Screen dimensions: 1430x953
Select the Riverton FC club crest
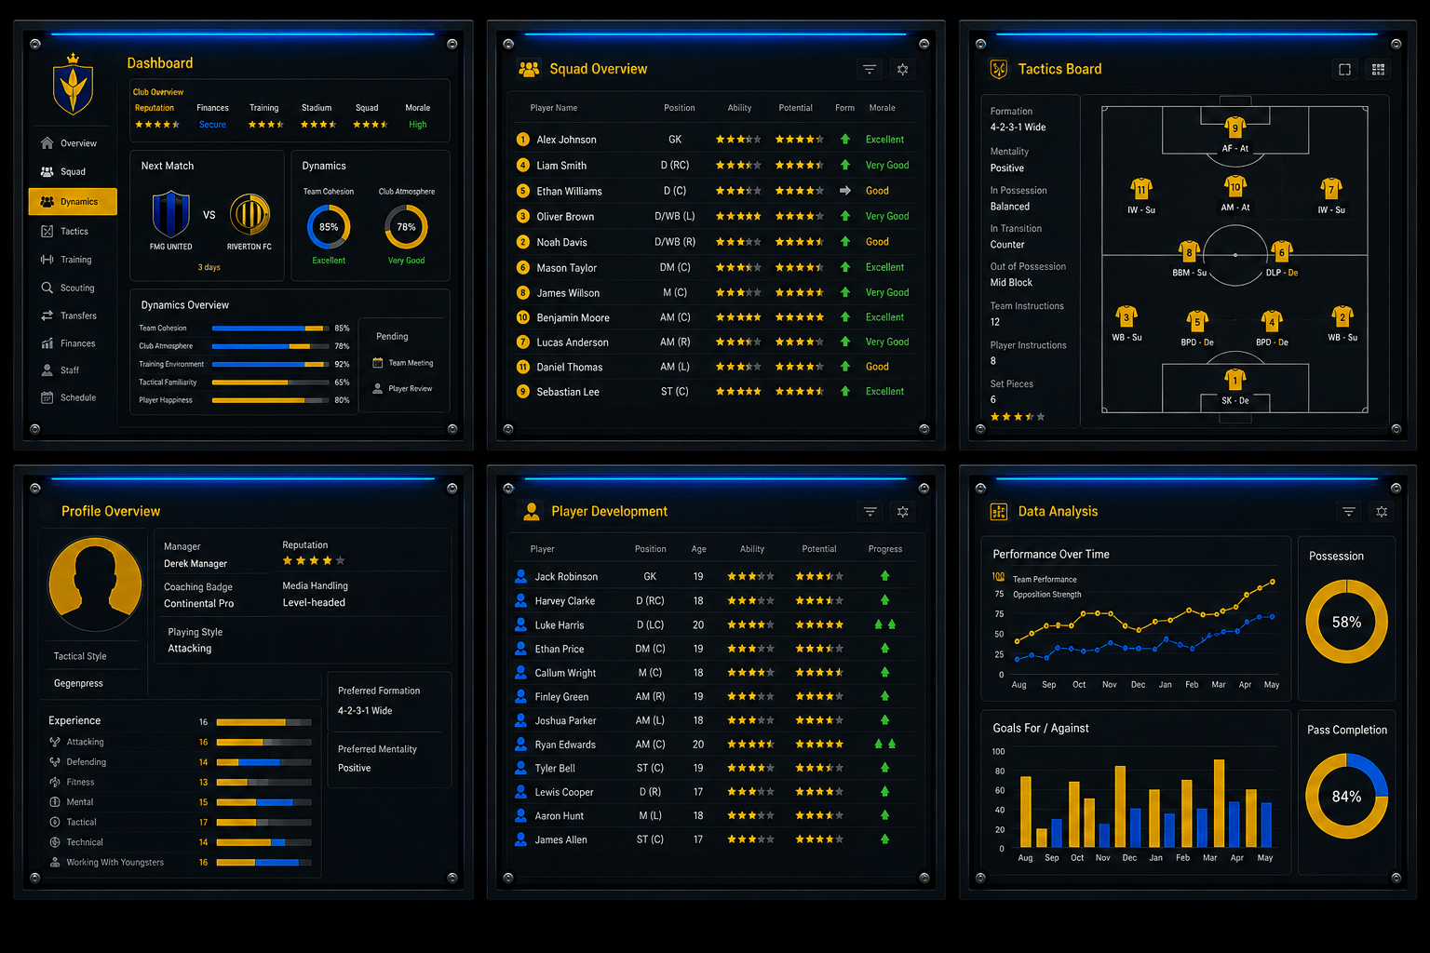[x=250, y=214]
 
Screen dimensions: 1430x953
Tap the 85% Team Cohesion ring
[x=329, y=226]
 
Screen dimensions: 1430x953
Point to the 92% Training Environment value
[x=342, y=364]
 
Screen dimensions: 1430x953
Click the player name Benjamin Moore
[x=573, y=317]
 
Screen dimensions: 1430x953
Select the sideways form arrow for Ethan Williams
[x=844, y=190]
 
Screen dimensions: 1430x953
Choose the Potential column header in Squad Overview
[x=795, y=108]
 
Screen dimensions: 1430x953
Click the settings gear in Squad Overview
[x=902, y=69]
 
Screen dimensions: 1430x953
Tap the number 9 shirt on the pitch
[x=1234, y=128]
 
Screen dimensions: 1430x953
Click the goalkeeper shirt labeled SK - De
[x=1234, y=380]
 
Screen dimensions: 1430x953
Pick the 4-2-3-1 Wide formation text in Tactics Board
[x=1018, y=127]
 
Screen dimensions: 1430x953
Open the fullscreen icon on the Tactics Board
[x=1344, y=69]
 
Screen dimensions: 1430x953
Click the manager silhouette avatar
[x=94, y=584]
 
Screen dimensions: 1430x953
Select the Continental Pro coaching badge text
[x=198, y=603]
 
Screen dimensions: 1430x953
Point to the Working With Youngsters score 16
[x=203, y=863]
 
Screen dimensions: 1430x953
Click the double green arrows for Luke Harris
[x=884, y=624]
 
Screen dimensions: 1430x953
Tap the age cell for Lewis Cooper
[x=698, y=791]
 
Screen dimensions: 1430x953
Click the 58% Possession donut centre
[x=1346, y=622]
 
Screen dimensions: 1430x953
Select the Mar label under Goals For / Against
[x=1209, y=858]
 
